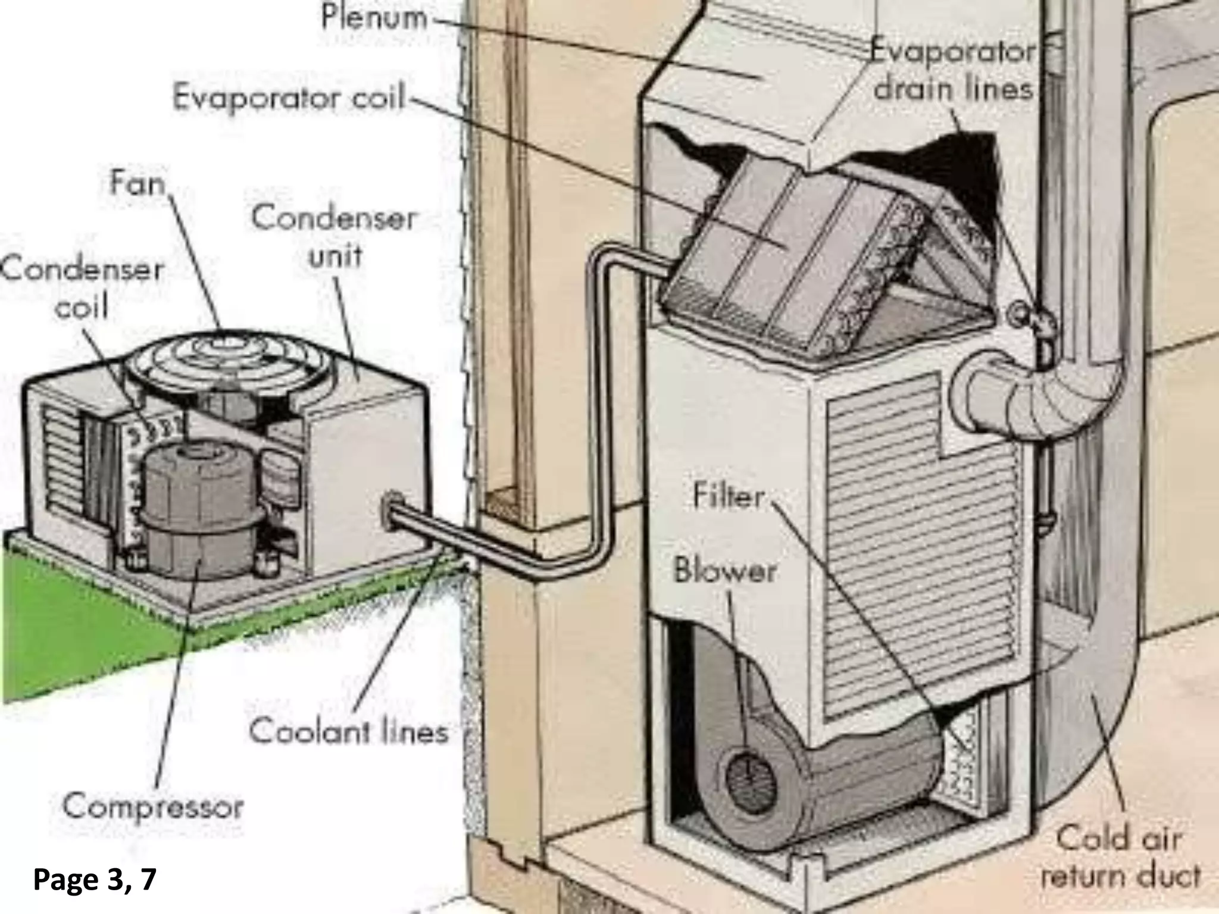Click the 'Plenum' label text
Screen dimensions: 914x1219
coord(374,17)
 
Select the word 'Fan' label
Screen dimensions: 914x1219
coord(137,184)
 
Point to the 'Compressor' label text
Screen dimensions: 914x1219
coord(154,807)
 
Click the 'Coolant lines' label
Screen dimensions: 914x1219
coord(349,731)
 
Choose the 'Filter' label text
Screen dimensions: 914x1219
coord(729,497)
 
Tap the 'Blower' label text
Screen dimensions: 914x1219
coord(725,571)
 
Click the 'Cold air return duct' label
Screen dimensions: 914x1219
coord(1119,857)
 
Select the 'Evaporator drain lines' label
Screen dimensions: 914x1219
coord(952,71)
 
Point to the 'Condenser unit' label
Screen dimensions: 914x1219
coord(335,237)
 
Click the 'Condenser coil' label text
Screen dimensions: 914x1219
coord(81,289)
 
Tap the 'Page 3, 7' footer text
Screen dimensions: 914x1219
coord(95,879)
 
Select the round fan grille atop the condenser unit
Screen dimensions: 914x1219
coord(229,363)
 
